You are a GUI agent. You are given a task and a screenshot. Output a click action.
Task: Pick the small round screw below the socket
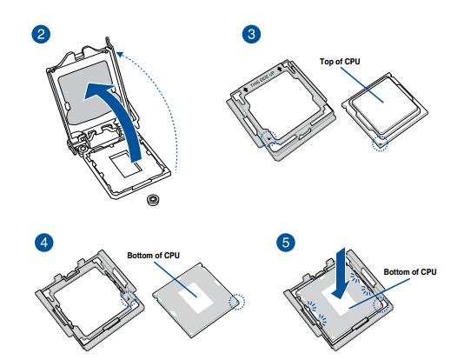(152, 198)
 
